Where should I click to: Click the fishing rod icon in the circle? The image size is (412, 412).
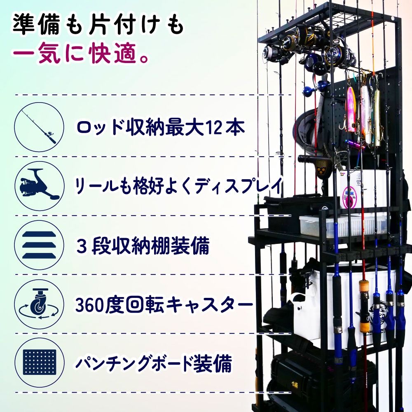pos(39,127)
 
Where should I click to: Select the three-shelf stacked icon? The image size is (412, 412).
pos(39,245)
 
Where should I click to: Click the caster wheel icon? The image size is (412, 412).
pos(39,304)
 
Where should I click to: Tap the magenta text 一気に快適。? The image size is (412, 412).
pos(81,54)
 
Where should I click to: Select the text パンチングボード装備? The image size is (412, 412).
pos(154,363)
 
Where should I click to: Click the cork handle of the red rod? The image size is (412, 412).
pos(364,305)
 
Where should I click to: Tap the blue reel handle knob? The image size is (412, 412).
pos(323,86)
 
